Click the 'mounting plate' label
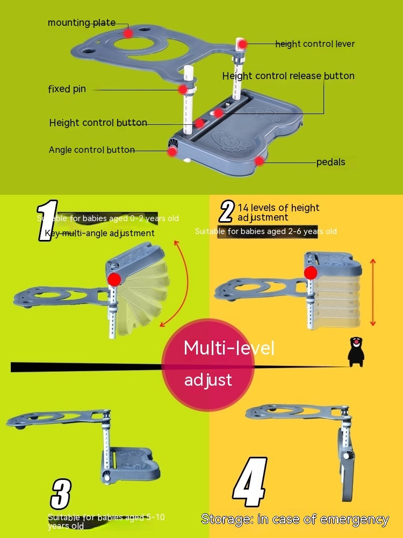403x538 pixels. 82,23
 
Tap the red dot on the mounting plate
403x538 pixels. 128,33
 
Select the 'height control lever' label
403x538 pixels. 315,44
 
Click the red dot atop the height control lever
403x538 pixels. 242,44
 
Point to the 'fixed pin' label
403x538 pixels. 67,89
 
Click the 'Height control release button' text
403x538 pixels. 288,76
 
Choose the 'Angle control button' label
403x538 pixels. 91,150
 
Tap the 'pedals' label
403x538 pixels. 330,161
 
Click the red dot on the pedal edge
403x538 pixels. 260,160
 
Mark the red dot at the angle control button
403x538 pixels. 172,152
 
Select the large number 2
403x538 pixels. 227,212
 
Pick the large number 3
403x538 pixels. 61,494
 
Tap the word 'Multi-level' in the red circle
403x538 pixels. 229,348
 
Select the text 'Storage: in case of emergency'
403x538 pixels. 294,519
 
